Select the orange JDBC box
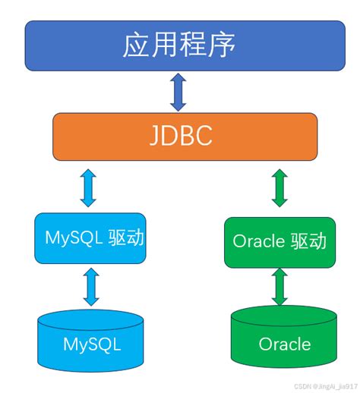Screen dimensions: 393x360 [180, 137]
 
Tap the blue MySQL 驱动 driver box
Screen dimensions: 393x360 [90, 238]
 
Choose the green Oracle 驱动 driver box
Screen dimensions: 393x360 [279, 242]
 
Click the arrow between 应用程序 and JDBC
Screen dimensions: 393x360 [178, 93]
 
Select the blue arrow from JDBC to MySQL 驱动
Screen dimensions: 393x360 [89, 187]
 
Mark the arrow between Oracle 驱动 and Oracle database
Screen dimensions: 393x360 [280, 288]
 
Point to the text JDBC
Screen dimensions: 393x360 [180, 137]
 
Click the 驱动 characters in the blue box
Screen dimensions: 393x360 [125, 238]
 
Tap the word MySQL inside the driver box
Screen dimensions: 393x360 [71, 238]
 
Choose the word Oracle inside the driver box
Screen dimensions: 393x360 [259, 242]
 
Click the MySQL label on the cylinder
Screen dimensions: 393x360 [91, 344]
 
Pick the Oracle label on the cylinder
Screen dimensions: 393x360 [284, 344]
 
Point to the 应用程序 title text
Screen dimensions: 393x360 [180, 46]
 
